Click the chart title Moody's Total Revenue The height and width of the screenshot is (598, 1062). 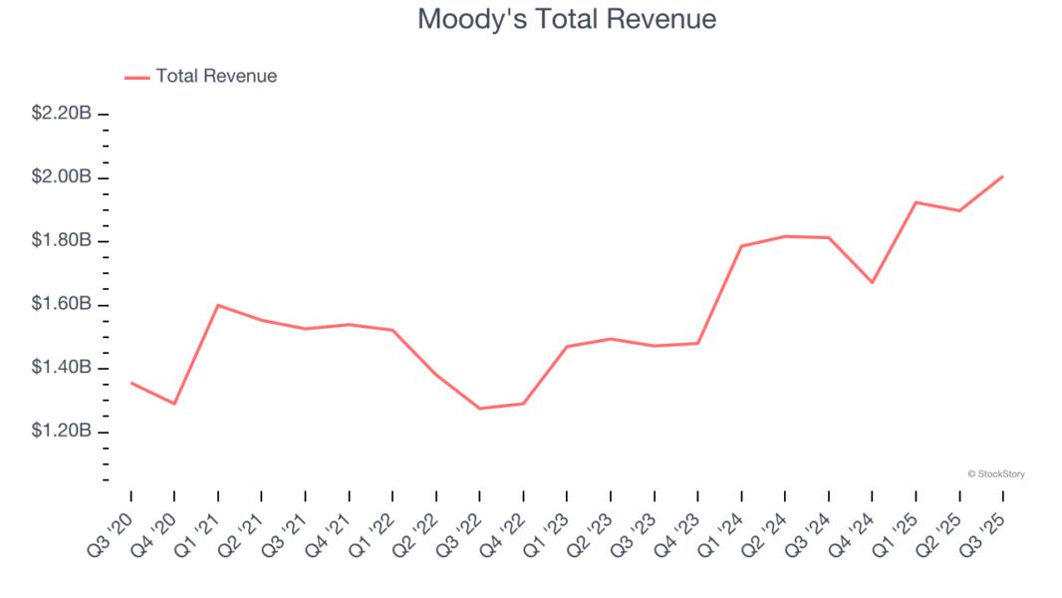(x=566, y=19)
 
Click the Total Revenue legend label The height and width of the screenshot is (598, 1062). (x=216, y=76)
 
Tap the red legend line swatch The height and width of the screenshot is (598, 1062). (x=136, y=77)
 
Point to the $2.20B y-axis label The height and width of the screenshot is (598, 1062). (x=61, y=114)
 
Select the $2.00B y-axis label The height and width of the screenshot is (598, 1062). (x=61, y=177)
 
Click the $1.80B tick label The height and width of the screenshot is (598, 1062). (x=61, y=241)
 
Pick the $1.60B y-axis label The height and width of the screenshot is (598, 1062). (x=61, y=304)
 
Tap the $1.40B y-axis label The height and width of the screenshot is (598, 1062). (x=61, y=368)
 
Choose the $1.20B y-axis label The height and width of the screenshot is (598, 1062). (x=61, y=432)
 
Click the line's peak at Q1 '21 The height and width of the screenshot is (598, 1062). (x=218, y=305)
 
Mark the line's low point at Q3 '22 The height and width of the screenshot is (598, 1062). (x=480, y=409)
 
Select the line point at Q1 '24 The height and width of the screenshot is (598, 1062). (x=741, y=246)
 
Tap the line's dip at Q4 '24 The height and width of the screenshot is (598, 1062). (x=873, y=282)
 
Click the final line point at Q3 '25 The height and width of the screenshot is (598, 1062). (x=1002, y=176)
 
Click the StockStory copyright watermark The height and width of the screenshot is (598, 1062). (x=995, y=474)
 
